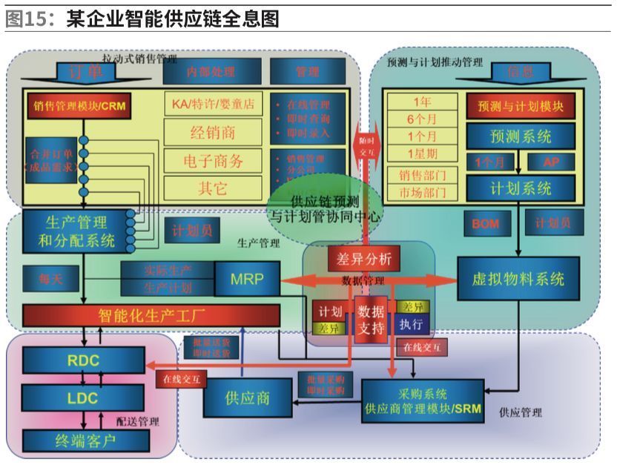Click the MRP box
[x=247, y=278]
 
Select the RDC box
[x=82, y=360]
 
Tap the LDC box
[x=82, y=398]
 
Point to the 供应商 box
[x=247, y=397]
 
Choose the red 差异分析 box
[x=363, y=259]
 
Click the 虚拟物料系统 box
[x=518, y=279]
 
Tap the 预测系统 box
[x=521, y=136]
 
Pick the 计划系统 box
[x=521, y=188]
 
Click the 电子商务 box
[x=213, y=160]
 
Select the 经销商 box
[x=213, y=133]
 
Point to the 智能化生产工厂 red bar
[x=151, y=315]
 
